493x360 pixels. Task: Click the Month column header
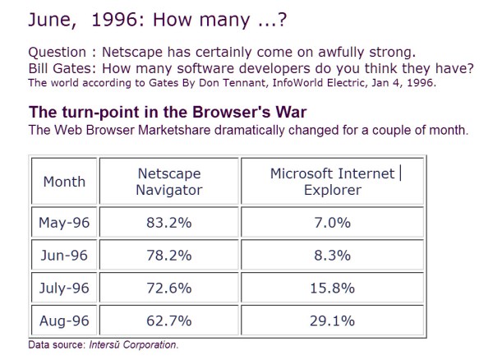click(63, 182)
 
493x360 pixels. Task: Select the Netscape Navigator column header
click(168, 182)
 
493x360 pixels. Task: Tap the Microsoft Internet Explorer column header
click(331, 182)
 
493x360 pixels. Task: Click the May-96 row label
click(63, 221)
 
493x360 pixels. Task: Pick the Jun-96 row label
click(63, 255)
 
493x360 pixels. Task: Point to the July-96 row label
click(63, 288)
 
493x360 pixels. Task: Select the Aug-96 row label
click(63, 321)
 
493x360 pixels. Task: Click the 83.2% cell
click(168, 221)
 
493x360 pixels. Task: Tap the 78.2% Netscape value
click(168, 255)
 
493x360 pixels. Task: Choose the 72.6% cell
click(168, 288)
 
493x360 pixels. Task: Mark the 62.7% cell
click(168, 321)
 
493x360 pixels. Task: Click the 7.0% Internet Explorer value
click(331, 221)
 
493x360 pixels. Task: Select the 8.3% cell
click(331, 255)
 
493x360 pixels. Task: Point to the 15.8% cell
click(331, 288)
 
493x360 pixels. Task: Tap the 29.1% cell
click(331, 321)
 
